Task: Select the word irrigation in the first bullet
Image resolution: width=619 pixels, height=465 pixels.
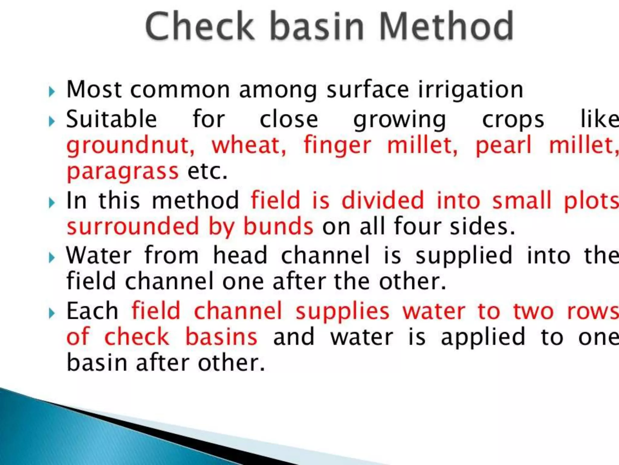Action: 471,90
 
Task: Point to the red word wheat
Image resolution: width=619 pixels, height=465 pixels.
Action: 248,146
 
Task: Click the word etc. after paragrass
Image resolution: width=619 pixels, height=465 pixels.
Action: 207,171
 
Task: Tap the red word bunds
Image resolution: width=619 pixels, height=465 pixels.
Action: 278,226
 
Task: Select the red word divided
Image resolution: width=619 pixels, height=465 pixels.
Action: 383,201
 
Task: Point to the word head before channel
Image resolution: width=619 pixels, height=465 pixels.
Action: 240,256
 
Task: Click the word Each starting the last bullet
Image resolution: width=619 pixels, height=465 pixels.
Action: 92,311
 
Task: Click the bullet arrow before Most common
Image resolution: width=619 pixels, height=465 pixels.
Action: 52,91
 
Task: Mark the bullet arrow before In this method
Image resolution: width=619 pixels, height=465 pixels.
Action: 52,203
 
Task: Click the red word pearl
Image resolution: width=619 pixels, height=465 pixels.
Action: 503,146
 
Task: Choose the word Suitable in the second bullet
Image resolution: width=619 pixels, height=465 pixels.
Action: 112,119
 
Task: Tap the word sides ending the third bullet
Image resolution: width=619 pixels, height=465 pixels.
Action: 482,226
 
